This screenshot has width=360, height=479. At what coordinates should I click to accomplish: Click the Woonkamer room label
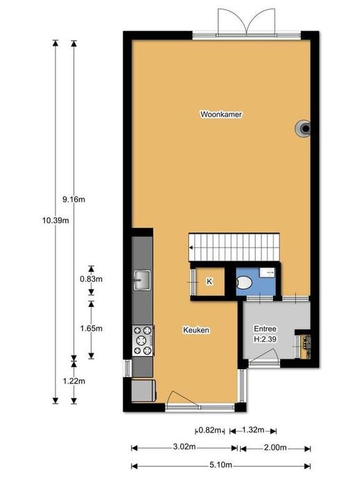click(221, 115)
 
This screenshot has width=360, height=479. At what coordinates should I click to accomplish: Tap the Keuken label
click(196, 330)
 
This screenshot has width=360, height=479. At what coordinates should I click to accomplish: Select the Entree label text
click(265, 329)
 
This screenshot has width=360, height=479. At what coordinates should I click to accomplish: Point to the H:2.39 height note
click(265, 339)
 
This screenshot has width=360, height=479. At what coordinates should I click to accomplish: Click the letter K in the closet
click(209, 281)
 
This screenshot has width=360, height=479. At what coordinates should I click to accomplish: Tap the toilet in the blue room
click(244, 283)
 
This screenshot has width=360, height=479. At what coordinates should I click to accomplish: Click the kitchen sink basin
click(141, 280)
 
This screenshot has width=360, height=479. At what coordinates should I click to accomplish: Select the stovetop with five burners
click(143, 340)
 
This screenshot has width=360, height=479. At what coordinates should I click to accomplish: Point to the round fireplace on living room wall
click(303, 129)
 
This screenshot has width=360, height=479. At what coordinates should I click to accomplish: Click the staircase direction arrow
click(191, 247)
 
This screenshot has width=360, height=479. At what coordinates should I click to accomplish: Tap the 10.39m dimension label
click(55, 220)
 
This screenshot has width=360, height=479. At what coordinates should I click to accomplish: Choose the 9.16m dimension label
click(73, 200)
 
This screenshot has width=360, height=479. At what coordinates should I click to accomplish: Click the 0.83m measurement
click(91, 279)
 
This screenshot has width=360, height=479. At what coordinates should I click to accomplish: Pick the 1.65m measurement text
click(91, 328)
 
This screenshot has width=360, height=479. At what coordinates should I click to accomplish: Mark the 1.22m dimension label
click(73, 382)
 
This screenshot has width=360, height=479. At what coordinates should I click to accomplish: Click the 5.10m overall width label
click(221, 465)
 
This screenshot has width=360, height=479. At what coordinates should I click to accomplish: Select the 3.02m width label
click(184, 447)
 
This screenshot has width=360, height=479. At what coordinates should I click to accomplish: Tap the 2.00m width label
click(276, 447)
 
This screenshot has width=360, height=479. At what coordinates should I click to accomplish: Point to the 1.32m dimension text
click(253, 430)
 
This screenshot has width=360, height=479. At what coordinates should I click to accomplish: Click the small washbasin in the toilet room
click(267, 273)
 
